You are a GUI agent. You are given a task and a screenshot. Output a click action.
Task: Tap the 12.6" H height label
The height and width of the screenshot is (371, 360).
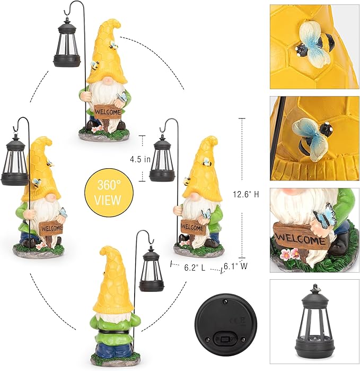click(246, 194)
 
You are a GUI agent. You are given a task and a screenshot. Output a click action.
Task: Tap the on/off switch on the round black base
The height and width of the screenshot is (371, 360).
click(226, 338)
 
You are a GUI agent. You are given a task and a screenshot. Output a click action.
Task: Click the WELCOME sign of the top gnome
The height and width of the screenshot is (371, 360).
click(108, 112)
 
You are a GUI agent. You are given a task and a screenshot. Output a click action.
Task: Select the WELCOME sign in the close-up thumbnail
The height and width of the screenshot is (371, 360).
click(300, 237)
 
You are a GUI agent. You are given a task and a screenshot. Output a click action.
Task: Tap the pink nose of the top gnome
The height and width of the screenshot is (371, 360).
click(108, 80)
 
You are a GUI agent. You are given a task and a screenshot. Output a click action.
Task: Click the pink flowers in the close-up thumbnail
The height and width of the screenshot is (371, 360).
click(291, 253)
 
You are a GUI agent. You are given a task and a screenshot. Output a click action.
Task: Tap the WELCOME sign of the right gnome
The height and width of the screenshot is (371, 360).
click(193, 226)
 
